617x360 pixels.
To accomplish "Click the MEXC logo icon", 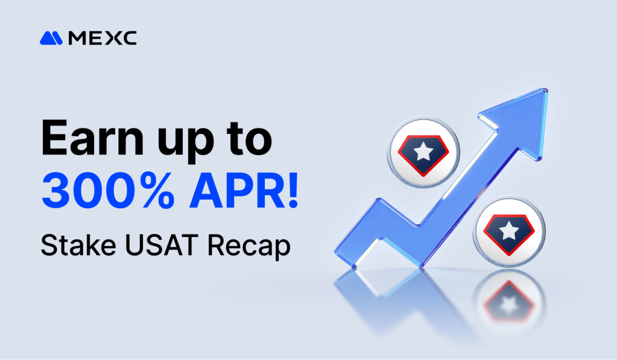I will click(x=51, y=39).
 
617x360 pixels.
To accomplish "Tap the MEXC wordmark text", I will click(x=103, y=39).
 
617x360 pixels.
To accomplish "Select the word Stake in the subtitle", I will click(x=69, y=245).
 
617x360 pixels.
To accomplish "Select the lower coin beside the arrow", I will click(x=510, y=230).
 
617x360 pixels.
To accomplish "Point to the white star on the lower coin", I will click(x=510, y=230).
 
